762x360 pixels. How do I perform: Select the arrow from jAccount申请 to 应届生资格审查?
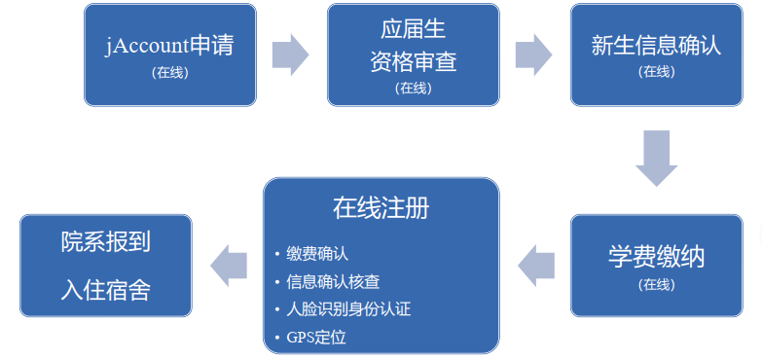click(x=289, y=54)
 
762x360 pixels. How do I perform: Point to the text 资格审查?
click(x=412, y=62)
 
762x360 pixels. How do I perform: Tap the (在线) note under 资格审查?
click(x=412, y=88)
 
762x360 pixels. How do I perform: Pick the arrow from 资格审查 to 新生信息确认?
click(x=533, y=54)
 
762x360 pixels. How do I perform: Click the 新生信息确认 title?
click(x=656, y=46)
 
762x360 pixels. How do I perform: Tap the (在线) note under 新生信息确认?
click(x=656, y=71)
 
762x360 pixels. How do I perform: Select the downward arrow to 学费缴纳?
click(x=656, y=157)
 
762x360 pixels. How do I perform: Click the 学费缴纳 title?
click(x=656, y=258)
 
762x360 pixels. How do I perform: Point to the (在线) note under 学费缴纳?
click(x=656, y=284)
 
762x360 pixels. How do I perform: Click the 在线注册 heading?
click(x=381, y=208)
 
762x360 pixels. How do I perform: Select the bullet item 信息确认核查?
click(x=333, y=282)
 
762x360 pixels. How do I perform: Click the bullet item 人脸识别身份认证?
click(x=348, y=310)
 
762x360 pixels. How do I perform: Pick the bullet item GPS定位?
click(x=316, y=339)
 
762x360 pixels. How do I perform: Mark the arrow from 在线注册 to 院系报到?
click(x=229, y=265)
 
